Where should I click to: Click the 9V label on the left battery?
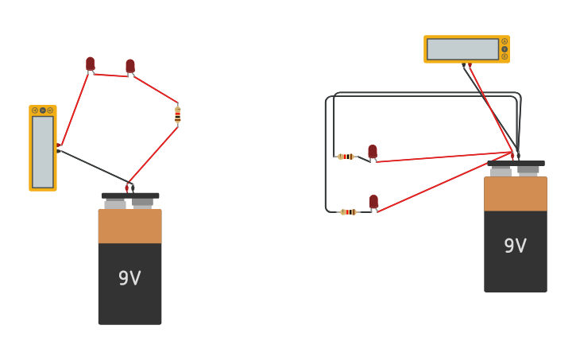[x=130, y=278]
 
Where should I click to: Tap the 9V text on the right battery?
[x=515, y=246]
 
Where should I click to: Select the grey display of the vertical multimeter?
[x=43, y=152]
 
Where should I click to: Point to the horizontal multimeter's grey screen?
[x=462, y=49]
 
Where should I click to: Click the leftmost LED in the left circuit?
[x=90, y=64]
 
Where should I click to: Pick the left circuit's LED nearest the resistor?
[x=130, y=67]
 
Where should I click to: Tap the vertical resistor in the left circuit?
[x=178, y=114]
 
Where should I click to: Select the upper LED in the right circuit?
[x=373, y=151]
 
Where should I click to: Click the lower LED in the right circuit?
[x=373, y=202]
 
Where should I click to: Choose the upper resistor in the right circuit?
[x=346, y=157]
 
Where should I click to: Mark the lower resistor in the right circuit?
[x=348, y=212]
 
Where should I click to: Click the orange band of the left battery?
[x=130, y=226]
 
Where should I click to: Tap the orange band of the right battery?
[x=515, y=194]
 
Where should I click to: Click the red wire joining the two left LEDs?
[x=110, y=75]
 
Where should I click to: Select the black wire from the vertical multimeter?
[x=94, y=165]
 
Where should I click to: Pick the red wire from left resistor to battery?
[x=153, y=153]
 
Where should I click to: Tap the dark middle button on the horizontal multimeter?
[x=504, y=49]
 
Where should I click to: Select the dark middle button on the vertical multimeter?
[x=43, y=110]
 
